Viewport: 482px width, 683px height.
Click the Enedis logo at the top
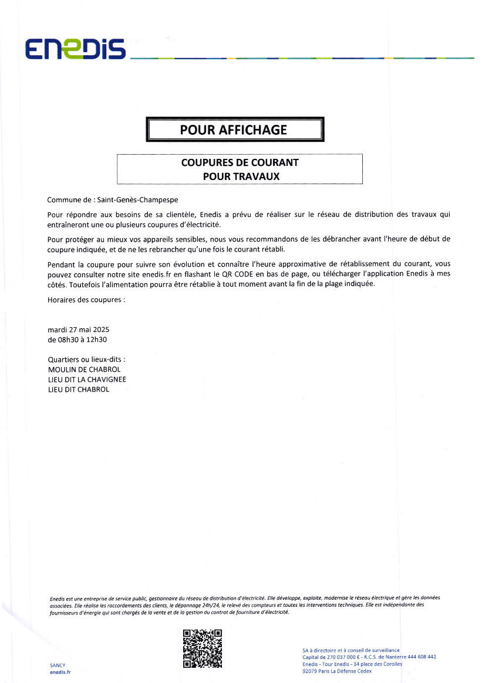(x=75, y=49)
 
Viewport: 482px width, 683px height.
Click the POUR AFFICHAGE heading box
(x=234, y=130)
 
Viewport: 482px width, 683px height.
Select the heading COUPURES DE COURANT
(x=240, y=162)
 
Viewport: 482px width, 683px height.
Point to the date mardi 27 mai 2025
(x=78, y=329)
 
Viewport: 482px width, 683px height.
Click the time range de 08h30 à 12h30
(x=80, y=339)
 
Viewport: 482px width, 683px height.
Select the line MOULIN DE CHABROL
(x=84, y=369)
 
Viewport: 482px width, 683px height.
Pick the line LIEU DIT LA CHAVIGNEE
(x=87, y=379)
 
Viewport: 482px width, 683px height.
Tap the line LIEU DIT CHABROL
(x=78, y=389)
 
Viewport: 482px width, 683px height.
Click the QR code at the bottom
(x=202, y=648)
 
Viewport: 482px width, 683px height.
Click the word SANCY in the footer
(x=58, y=665)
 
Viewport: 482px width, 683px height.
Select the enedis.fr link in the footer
(x=60, y=672)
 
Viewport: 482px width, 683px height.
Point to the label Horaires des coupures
(x=86, y=300)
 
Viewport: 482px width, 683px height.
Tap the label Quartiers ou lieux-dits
(x=86, y=359)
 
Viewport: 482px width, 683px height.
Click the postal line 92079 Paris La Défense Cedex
(x=337, y=671)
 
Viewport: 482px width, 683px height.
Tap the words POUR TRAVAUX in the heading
(x=240, y=175)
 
